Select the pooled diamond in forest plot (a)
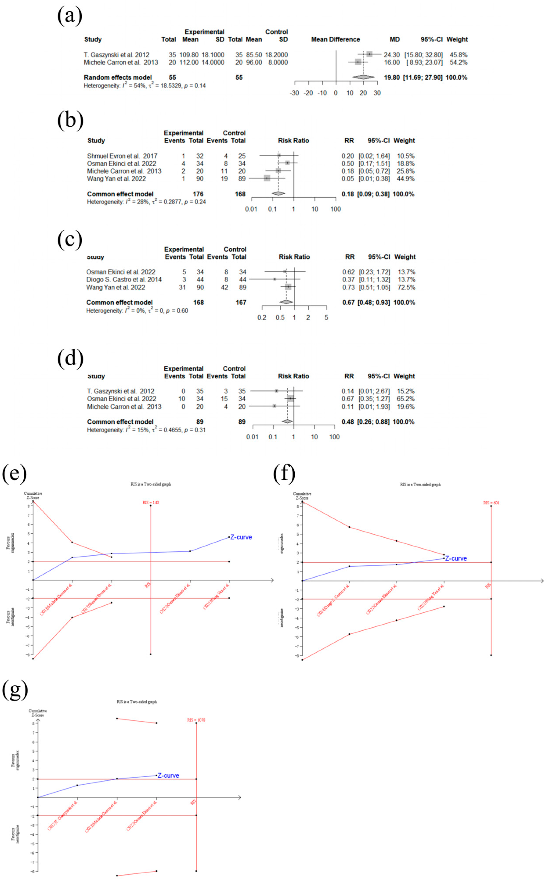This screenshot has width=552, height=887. pyautogui.click(x=363, y=77)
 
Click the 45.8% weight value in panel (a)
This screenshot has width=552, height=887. pyautogui.click(x=458, y=55)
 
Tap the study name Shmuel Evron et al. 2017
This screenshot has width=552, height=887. pyautogui.click(x=122, y=156)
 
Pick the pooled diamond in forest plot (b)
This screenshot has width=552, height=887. pyautogui.click(x=278, y=194)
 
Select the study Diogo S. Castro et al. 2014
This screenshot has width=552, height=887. pyautogui.click(x=124, y=279)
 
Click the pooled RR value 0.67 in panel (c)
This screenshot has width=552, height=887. pyautogui.click(x=348, y=302)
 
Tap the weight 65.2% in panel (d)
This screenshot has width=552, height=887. pyautogui.click(x=405, y=399)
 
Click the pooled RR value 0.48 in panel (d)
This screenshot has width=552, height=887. pyautogui.click(x=348, y=422)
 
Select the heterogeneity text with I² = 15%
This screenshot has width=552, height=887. pyautogui.click(x=146, y=430)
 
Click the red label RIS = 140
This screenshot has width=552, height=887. pyautogui.click(x=150, y=503)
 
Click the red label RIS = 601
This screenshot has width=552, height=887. pyautogui.click(x=491, y=503)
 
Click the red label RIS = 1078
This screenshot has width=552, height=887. pyautogui.click(x=196, y=720)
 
